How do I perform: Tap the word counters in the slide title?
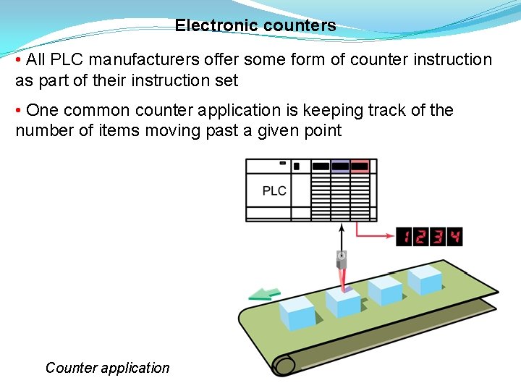click(300, 26)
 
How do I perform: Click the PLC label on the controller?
click(274, 191)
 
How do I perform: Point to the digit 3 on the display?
click(438, 237)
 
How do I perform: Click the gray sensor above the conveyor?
click(342, 258)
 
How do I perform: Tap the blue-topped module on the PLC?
click(340, 167)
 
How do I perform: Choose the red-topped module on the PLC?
click(360, 167)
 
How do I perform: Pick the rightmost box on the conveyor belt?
click(423, 279)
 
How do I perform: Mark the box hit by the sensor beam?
click(342, 302)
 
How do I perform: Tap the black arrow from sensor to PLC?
click(342, 235)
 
